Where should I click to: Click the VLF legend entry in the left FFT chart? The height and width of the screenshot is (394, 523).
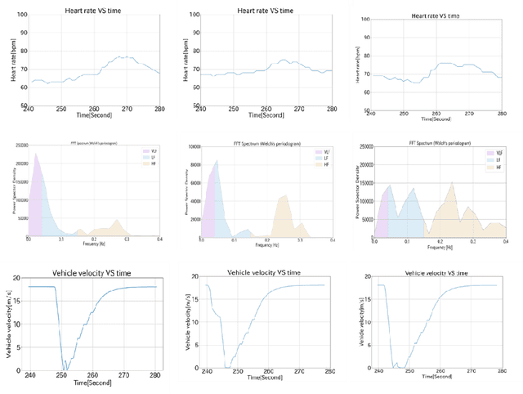click(150, 151)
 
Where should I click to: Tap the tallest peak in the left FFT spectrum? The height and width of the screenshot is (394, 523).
click(37, 153)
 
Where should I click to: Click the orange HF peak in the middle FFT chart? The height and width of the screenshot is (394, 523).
click(284, 195)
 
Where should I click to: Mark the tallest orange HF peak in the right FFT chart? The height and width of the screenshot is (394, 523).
click(450, 183)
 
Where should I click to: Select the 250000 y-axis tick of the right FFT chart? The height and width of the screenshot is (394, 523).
click(362, 148)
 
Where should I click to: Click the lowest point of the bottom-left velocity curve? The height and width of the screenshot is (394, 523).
click(63, 369)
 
